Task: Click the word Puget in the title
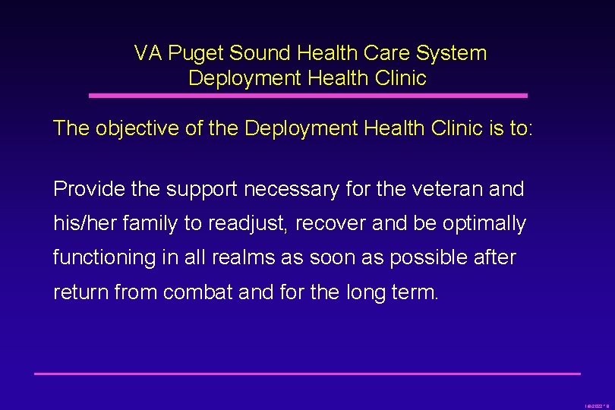point(196,53)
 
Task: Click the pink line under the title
point(307,96)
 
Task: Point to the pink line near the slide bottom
point(307,374)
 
